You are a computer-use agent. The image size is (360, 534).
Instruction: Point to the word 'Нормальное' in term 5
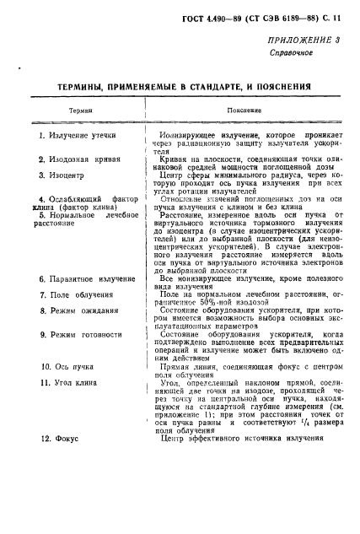tap(77, 215)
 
